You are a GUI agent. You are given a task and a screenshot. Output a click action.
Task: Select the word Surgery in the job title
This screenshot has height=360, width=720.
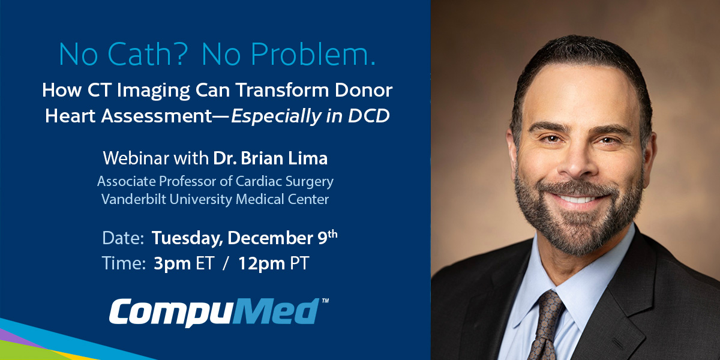[309, 181]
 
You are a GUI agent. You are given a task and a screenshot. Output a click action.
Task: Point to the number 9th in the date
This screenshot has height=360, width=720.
[327, 237]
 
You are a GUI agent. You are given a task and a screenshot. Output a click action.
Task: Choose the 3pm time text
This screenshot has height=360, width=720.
[169, 263]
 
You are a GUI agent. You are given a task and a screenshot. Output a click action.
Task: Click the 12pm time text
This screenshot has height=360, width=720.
[261, 263]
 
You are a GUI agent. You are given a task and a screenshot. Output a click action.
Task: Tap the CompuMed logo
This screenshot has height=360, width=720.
[214, 312]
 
